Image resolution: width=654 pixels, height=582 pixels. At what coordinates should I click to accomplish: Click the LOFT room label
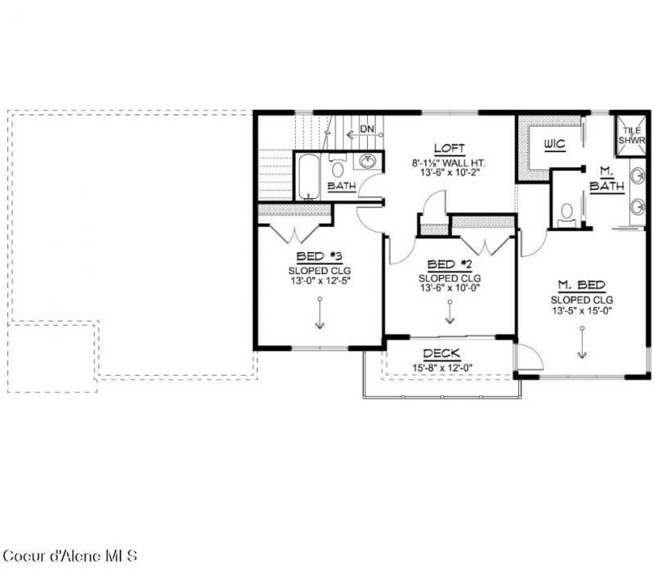[449, 149]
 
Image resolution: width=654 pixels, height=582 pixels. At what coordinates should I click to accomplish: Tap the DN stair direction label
[367, 129]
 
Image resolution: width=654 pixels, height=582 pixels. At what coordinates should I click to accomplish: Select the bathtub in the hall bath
[308, 177]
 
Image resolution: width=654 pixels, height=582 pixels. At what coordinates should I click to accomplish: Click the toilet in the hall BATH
[338, 166]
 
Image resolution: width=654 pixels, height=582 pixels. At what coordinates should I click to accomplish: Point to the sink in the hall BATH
[367, 160]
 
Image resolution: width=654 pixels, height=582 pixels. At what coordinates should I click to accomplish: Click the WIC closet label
[555, 145]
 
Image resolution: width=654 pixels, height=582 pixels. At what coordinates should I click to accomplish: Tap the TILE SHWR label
[631, 136]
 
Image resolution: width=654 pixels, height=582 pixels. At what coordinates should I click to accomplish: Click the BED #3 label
[319, 256]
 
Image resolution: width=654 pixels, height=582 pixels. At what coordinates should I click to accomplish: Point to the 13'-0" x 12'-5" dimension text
[320, 281]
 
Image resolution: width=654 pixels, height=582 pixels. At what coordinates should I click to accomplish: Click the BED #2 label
[450, 264]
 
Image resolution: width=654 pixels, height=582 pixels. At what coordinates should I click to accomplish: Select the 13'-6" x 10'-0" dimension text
[450, 287]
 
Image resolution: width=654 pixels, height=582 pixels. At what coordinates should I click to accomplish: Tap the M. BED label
[582, 285]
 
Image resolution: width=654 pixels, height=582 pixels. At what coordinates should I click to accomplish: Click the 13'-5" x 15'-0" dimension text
[582, 310]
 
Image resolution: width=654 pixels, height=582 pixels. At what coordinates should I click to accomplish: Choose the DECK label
[441, 354]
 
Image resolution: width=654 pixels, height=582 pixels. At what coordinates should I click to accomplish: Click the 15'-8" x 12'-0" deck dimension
[442, 368]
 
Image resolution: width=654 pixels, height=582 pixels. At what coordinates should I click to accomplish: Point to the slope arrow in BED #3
[320, 314]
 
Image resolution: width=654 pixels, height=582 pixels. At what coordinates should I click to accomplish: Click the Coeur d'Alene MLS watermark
[70, 556]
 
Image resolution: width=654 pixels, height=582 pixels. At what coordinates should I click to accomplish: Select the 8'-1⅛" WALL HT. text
[449, 163]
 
